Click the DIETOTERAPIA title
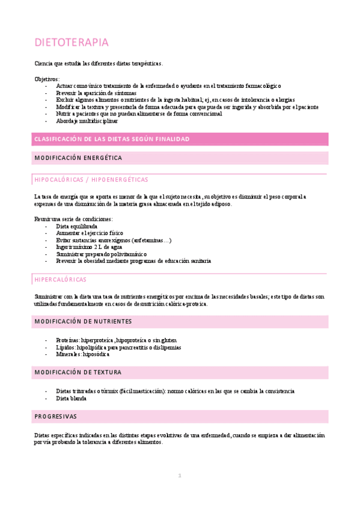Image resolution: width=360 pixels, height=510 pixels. pyautogui.click(x=72, y=43)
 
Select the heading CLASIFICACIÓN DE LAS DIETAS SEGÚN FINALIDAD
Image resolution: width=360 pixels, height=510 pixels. pyautogui.click(x=112, y=139)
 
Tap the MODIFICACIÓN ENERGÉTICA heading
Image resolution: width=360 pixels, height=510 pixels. pyautogui.click(x=78, y=158)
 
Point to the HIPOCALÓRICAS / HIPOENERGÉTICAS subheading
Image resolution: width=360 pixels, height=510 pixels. pyautogui.click(x=91, y=179)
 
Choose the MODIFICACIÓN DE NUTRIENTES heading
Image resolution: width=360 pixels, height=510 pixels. pyautogui.click(x=83, y=321)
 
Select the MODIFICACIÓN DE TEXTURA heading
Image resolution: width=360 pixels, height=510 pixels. pyautogui.click(x=79, y=373)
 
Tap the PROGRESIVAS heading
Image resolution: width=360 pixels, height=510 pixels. pyautogui.click(x=56, y=416)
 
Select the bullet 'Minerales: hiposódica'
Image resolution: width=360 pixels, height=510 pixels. pyautogui.click(x=82, y=354)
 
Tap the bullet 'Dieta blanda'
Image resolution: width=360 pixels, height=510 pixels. pyautogui.click(x=71, y=398)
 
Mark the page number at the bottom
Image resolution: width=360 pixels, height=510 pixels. pyautogui.click(x=179, y=476)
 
